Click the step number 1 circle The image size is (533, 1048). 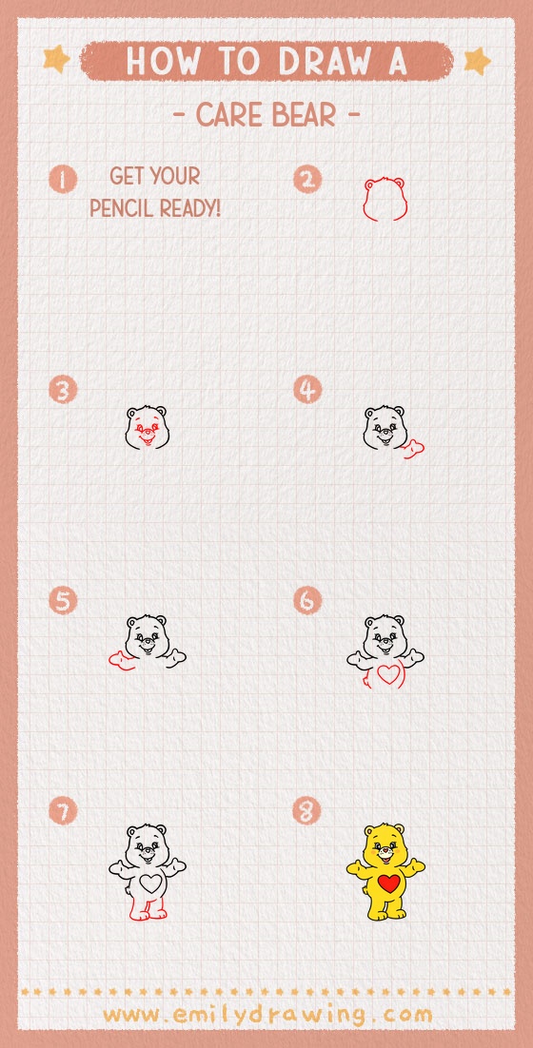click(x=63, y=179)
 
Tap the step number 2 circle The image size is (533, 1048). click(x=307, y=179)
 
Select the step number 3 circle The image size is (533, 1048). click(x=63, y=390)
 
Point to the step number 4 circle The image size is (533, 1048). click(x=307, y=390)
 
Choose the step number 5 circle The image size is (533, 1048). click(x=63, y=601)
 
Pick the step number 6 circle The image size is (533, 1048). click(x=307, y=601)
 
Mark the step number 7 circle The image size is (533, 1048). click(x=63, y=811)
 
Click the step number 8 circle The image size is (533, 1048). click(x=307, y=811)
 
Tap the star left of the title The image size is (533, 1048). click(x=57, y=60)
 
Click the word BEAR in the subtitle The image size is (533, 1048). click(x=310, y=117)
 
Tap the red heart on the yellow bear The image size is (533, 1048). click(x=388, y=883)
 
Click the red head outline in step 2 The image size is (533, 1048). click(x=384, y=199)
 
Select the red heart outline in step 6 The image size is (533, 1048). click(x=387, y=675)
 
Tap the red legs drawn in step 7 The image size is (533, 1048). click(x=148, y=909)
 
